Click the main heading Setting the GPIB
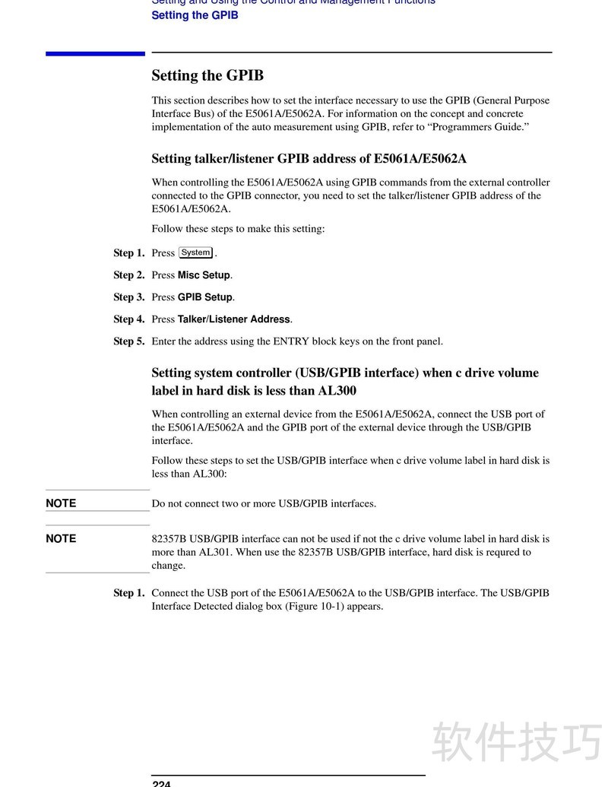pyautogui.click(x=207, y=75)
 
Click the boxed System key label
pyautogui.click(x=196, y=252)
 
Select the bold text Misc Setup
pyautogui.click(x=204, y=275)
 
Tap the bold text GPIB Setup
pyautogui.click(x=205, y=297)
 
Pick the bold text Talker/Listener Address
pyautogui.click(x=234, y=319)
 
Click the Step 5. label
pyautogui.click(x=128, y=341)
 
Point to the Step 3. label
pyautogui.click(x=128, y=297)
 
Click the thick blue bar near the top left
pyautogui.click(x=95, y=53)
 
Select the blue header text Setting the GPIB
pyautogui.click(x=195, y=15)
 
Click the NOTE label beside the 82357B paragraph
pyautogui.click(x=61, y=538)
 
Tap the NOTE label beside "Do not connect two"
pyautogui.click(x=61, y=503)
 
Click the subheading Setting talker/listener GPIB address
pyautogui.click(x=309, y=159)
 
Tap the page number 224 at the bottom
pyautogui.click(x=161, y=783)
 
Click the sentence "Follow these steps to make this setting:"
pyautogui.click(x=238, y=229)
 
